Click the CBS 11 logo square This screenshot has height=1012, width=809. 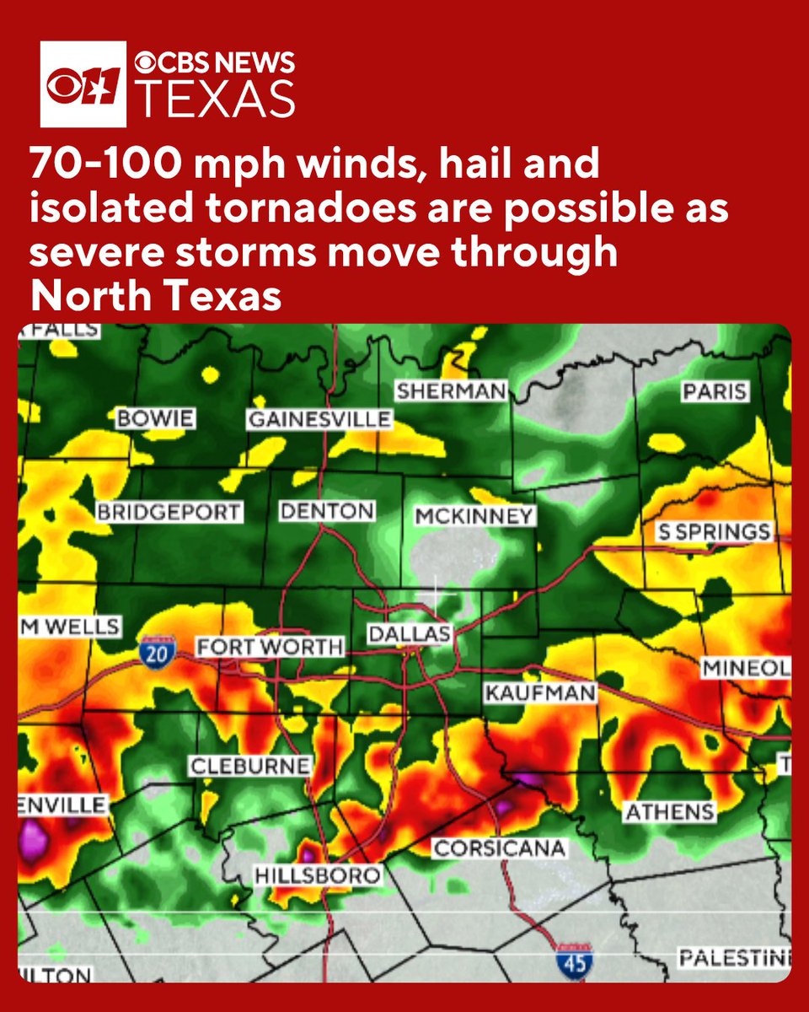(83, 84)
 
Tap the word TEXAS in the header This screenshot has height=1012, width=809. (215, 99)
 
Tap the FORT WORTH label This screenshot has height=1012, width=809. (270, 648)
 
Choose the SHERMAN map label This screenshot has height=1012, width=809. (451, 391)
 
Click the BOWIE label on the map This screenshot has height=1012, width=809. (156, 418)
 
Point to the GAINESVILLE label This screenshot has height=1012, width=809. (319, 419)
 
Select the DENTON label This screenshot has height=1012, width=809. (326, 511)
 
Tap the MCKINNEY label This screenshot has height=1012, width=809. (474, 516)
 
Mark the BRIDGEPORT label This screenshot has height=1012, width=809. (169, 512)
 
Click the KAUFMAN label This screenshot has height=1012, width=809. (540, 693)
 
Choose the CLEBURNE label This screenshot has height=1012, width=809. (249, 767)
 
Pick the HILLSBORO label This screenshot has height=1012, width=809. (317, 875)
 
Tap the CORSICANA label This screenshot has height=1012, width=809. (498, 848)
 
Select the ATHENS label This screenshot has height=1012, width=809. (669, 812)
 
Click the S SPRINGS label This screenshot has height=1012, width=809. (715, 532)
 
